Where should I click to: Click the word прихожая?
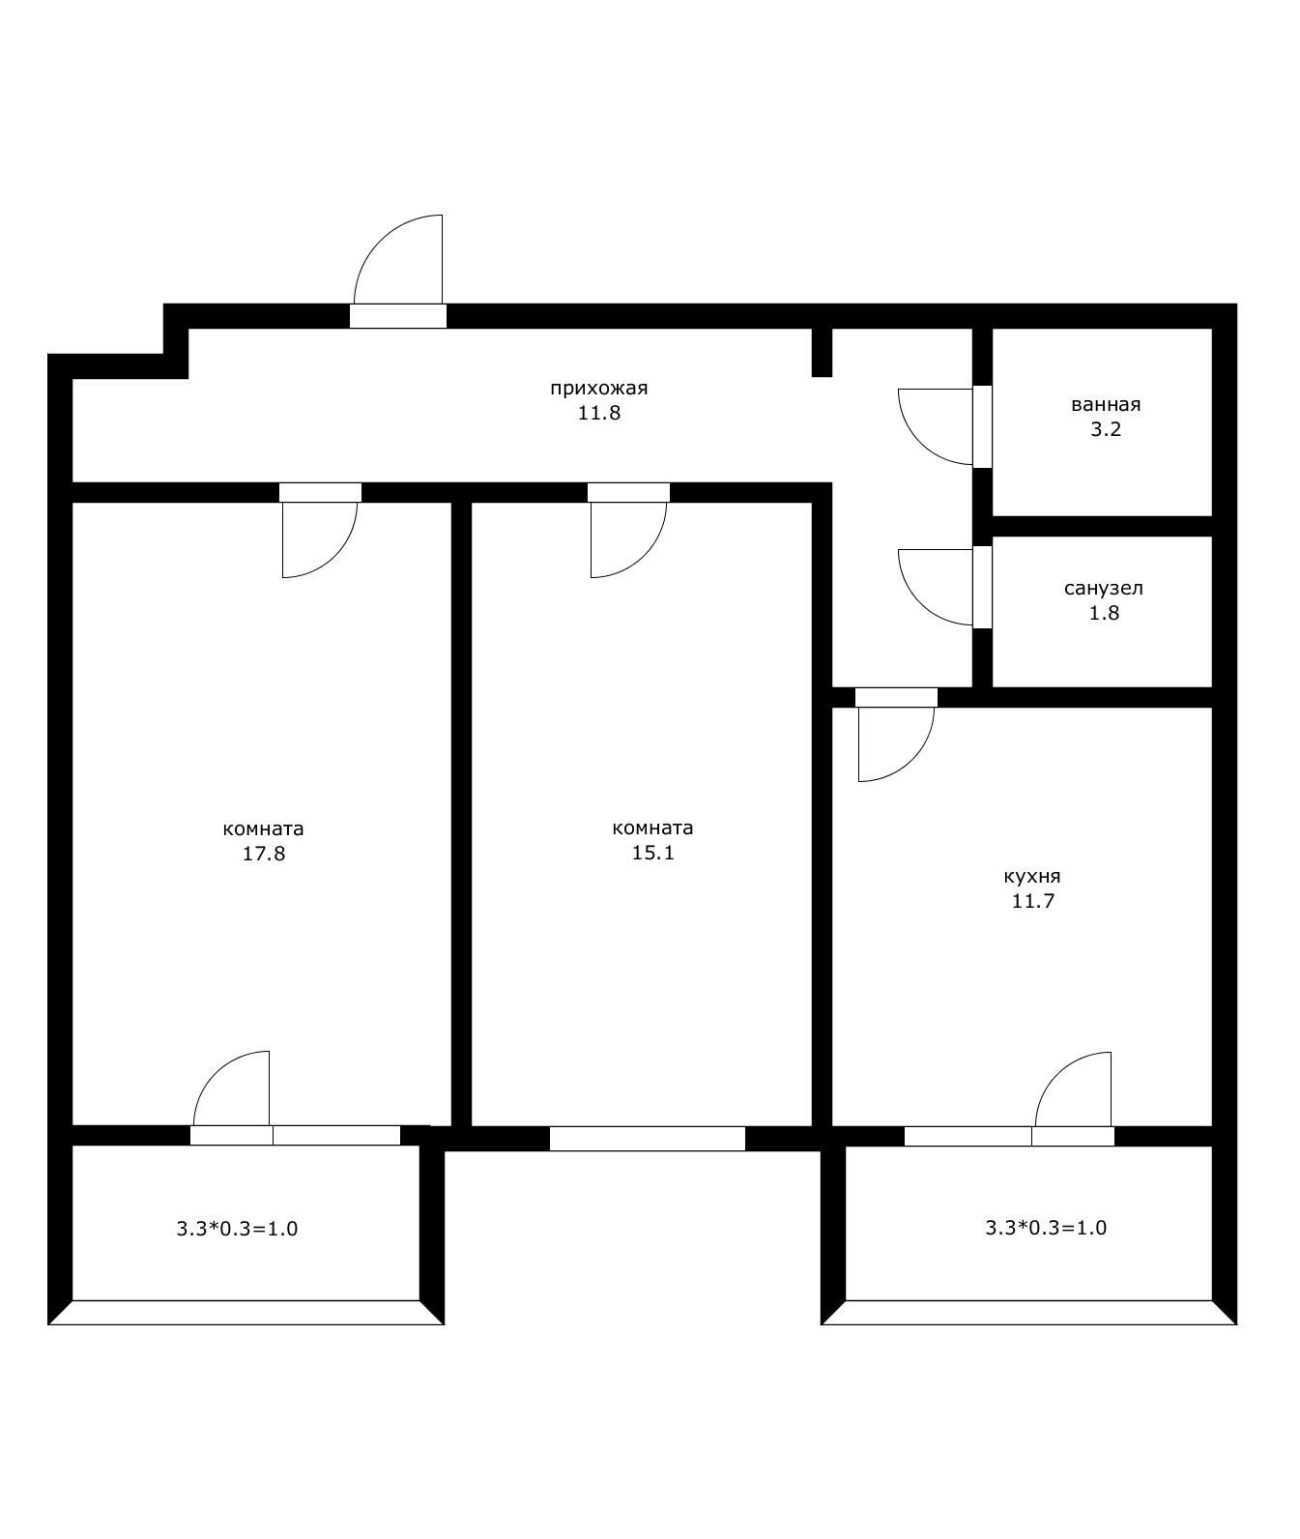[598, 389]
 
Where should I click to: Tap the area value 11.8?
[598, 413]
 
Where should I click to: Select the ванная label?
[1105, 405]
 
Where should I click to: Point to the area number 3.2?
[1105, 430]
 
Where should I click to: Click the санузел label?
[1103, 589]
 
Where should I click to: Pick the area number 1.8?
[1103, 613]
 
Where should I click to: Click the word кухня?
[1031, 877]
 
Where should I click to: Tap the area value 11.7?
[1031, 902]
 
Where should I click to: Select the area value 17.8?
[263, 854]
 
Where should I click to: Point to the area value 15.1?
[652, 853]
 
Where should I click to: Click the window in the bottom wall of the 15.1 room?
[647, 1139]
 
